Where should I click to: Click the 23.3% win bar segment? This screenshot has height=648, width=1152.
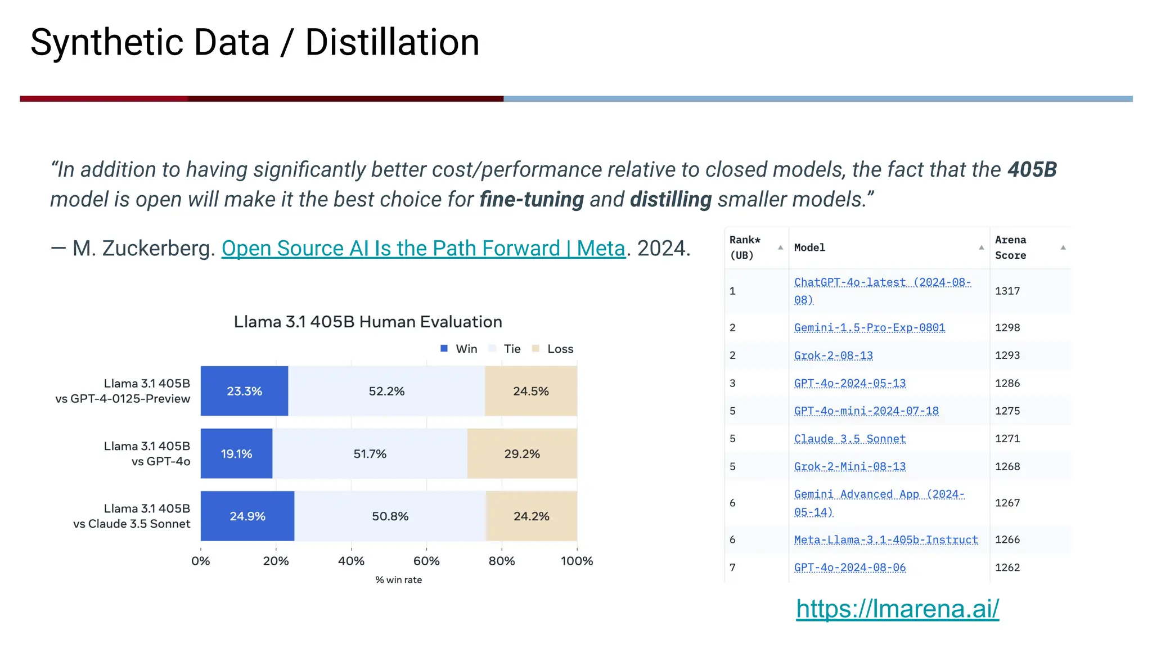[244, 391]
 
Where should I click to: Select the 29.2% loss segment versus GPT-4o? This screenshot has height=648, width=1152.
[522, 453]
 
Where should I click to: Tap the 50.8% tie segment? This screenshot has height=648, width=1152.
[390, 516]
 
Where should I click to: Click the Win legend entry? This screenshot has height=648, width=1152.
[459, 349]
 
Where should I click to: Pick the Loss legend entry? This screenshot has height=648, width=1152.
[553, 349]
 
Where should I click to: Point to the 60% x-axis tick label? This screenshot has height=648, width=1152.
[426, 561]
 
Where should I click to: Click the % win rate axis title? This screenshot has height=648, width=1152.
[398, 580]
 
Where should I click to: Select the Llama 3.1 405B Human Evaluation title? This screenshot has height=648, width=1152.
[368, 322]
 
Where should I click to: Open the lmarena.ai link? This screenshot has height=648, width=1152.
[897, 609]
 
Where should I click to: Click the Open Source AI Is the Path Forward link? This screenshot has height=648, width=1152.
[423, 248]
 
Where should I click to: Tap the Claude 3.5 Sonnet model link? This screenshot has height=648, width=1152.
[849, 439]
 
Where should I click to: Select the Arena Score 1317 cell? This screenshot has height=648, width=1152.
[1007, 291]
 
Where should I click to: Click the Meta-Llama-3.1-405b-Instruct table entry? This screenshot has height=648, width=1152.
[885, 539]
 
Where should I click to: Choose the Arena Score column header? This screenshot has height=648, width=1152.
[1010, 247]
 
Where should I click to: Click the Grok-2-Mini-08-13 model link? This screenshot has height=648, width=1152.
[849, 466]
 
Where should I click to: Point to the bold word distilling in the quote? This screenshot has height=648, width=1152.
[670, 199]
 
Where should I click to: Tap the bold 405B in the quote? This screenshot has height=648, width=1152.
[1032, 169]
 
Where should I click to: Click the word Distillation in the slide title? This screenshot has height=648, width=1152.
[392, 43]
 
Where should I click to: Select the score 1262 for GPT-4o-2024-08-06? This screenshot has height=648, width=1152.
[1007, 568]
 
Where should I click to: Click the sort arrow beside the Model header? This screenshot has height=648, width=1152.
[981, 247]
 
